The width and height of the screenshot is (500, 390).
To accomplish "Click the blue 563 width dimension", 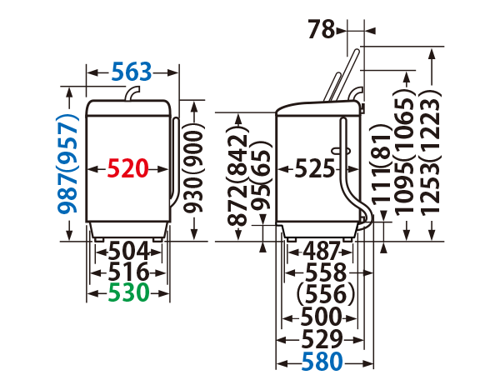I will coord(132,72).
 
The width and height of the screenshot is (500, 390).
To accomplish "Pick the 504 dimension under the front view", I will coord(128,250).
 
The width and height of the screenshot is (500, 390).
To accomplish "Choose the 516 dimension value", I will coord(128,272).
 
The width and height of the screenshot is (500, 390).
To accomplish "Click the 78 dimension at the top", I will coord(320,30).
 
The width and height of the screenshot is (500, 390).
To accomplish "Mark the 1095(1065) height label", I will coord(407,151).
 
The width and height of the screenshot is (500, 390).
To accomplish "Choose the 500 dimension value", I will coord(321,317).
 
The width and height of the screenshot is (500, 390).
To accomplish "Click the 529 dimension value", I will coord(321,339).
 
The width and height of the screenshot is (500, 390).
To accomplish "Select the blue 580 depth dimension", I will coord(321,362).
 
